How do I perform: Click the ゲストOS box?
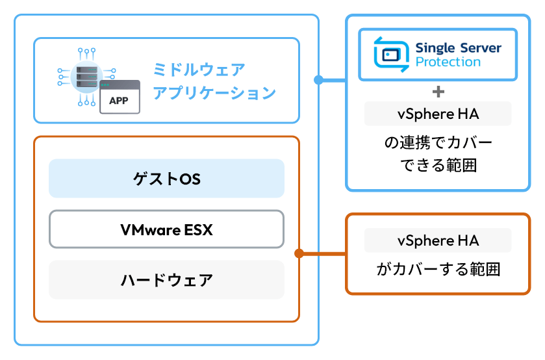point(166,179)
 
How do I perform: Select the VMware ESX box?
point(166,229)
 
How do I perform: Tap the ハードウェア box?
point(166,280)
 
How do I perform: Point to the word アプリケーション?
point(214,92)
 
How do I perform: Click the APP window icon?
point(120,97)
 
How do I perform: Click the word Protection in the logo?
point(448,62)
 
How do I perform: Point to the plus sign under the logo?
point(438,91)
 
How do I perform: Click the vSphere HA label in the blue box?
point(438,114)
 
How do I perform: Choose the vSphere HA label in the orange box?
point(438,240)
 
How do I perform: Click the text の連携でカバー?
point(438,142)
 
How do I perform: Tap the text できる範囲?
point(438,166)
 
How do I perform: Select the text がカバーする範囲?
point(438,269)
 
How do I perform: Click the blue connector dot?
point(318,80)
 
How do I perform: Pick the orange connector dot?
point(299,253)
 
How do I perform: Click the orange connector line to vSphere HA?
point(323,253)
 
